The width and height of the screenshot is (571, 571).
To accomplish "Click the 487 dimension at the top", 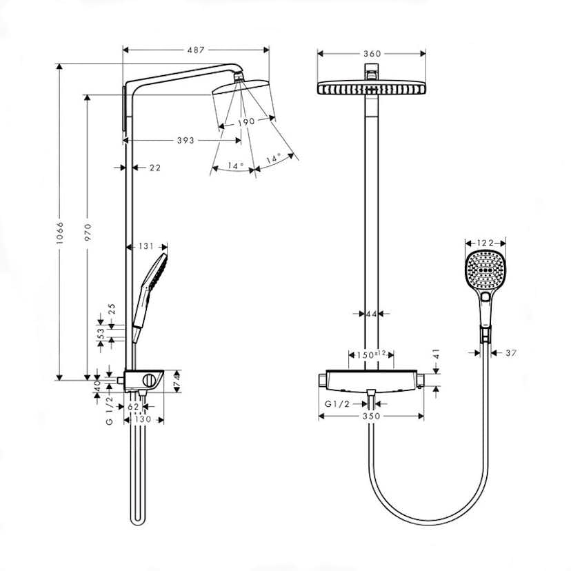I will [x=196, y=49].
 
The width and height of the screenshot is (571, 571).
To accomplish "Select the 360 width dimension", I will [x=372, y=54].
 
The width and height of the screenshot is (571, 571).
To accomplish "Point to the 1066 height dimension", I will [x=60, y=234].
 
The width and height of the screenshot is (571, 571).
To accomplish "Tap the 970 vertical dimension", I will [x=88, y=234].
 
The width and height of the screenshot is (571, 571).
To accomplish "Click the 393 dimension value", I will [x=185, y=140].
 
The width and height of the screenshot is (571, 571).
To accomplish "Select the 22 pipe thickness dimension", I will [x=154, y=168].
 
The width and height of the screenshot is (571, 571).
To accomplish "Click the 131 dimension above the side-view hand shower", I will [x=146, y=246].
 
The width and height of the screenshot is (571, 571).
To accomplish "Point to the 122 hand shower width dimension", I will [x=485, y=243].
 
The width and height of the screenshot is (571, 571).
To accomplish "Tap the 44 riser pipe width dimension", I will [x=372, y=314].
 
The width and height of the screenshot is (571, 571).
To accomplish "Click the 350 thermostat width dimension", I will [x=372, y=417].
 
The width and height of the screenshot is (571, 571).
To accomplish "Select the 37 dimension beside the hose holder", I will [x=511, y=352].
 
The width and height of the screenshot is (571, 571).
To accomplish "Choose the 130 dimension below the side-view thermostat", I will [x=143, y=419].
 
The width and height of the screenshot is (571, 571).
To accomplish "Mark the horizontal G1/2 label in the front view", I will [x=337, y=405].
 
